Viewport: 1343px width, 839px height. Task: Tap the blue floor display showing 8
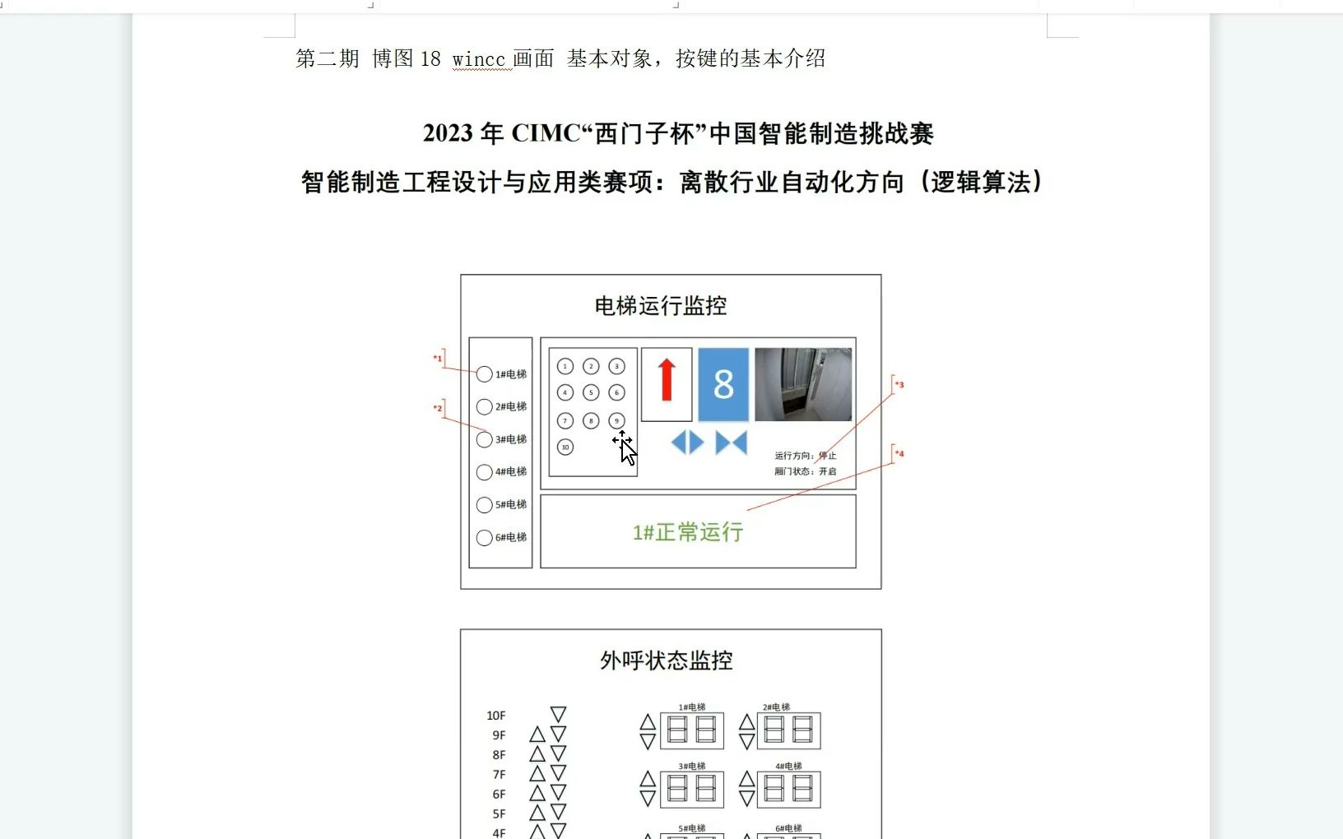723,384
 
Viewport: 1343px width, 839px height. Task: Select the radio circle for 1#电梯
485,374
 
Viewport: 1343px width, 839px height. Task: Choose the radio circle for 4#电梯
485,472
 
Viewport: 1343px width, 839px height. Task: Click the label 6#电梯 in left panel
510,537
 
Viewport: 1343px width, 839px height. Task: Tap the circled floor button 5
591,392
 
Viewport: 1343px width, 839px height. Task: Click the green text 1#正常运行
688,532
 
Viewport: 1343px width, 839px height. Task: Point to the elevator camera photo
802,384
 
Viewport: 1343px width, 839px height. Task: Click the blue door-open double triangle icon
687,443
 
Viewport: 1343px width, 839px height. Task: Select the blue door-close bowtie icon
731,443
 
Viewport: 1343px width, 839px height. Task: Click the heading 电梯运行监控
661,306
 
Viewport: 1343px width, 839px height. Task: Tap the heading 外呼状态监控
666,661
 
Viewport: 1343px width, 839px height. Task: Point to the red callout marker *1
438,358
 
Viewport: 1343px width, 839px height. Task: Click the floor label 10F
495,716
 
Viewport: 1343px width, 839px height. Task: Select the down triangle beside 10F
558,714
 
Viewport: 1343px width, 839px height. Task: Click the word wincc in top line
478,59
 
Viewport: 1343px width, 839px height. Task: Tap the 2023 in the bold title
448,133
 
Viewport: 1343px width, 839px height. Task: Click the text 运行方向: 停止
805,456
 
